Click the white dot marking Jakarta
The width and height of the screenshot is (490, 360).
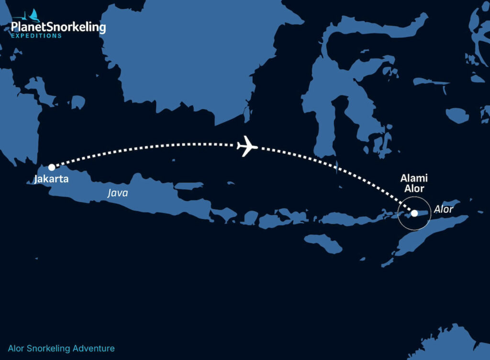51,168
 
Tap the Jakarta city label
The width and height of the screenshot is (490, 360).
51,180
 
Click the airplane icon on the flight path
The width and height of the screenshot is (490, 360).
247,146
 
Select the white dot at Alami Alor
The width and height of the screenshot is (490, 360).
414,213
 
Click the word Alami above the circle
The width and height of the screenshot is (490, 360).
414,179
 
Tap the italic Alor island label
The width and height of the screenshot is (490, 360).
443,209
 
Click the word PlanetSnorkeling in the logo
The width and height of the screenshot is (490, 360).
58,27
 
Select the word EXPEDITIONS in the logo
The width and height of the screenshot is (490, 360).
36,36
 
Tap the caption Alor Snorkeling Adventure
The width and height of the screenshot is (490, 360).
61,349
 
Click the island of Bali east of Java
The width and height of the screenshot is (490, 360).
223,214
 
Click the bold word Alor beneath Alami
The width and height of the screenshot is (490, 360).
414,189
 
